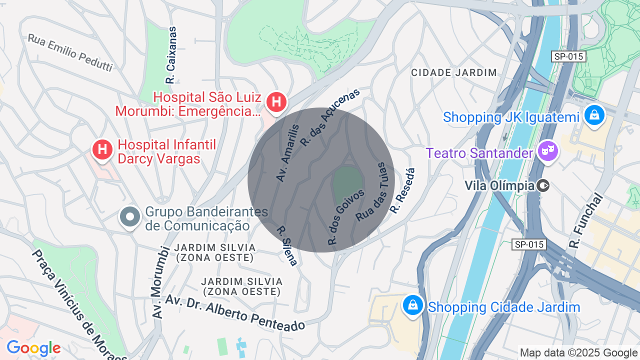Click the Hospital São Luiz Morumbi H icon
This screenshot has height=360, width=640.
coord(276,102)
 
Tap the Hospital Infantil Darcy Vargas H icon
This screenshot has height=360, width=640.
coord(102,149)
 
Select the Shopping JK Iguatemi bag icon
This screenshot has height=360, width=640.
coord(594,115)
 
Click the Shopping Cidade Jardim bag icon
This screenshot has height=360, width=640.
coord(413,305)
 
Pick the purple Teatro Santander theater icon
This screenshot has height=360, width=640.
coord(547,151)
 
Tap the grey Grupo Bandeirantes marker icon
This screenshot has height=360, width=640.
coord(130,217)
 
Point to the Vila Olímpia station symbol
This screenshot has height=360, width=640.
coord(543,186)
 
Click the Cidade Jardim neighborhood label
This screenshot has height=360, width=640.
coord(454,73)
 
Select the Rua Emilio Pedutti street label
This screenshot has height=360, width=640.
coord(70,52)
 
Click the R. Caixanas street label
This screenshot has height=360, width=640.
coord(171,55)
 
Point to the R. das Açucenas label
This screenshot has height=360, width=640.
coord(330,118)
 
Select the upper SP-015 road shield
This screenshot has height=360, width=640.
coord(568,56)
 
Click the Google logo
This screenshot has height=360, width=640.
coord(33,348)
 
